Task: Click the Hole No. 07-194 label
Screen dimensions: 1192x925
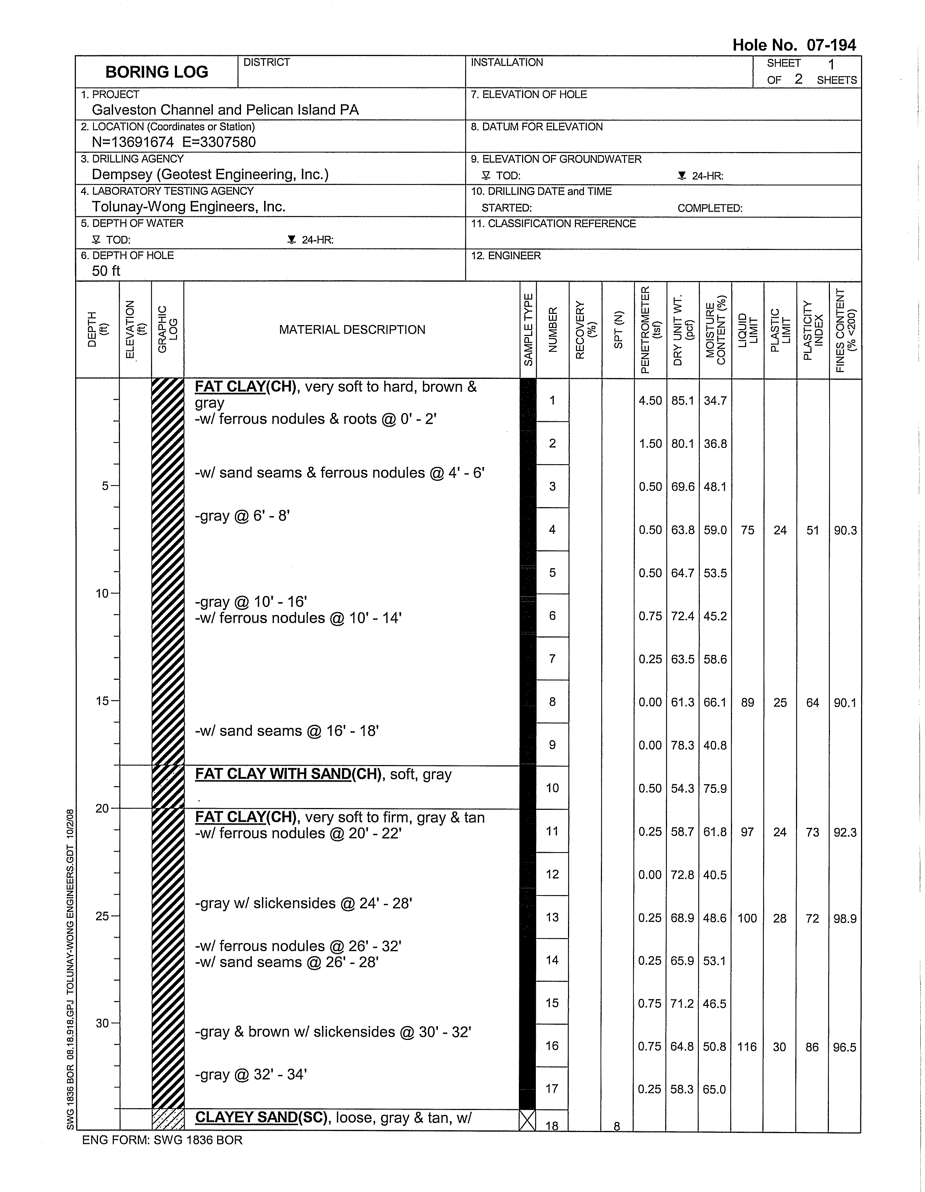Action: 793,45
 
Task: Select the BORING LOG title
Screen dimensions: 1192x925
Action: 157,72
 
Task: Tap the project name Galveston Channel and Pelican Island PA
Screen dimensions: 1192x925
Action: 225,110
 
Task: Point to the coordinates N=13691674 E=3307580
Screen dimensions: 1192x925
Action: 174,142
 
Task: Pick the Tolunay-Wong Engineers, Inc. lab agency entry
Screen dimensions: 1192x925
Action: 188,206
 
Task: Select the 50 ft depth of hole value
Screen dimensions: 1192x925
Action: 106,271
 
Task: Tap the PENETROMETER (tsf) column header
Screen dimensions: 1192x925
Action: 650,330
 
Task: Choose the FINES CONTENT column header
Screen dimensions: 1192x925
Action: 845,330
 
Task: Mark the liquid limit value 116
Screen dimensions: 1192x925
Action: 747,1047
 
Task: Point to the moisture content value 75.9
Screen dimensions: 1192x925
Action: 715,789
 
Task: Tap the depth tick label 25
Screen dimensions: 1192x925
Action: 102,916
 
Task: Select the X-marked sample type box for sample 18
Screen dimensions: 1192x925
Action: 528,1120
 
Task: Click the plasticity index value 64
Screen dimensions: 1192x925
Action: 813,703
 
